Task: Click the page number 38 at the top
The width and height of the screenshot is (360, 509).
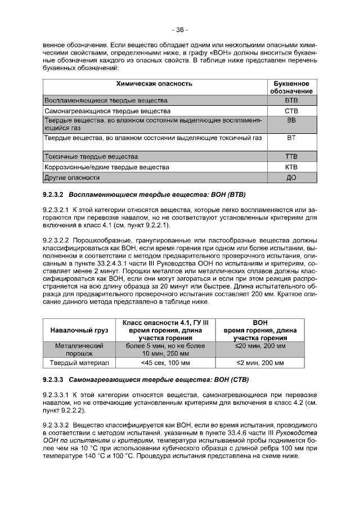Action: pos(180,29)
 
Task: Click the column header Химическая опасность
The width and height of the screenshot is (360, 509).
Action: pos(154,84)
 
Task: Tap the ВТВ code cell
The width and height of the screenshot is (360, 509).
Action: pos(291,100)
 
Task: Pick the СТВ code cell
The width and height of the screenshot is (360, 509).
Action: pos(291,111)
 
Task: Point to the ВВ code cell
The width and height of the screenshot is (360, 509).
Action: pos(291,121)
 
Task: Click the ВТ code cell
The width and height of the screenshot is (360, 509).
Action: pos(291,137)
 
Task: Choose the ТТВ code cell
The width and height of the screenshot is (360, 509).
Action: pos(291,156)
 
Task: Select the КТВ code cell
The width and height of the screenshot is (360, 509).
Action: pos(291,167)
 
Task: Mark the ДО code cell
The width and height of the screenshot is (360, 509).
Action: pos(291,178)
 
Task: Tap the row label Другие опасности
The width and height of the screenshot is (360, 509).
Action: pos(71,178)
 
